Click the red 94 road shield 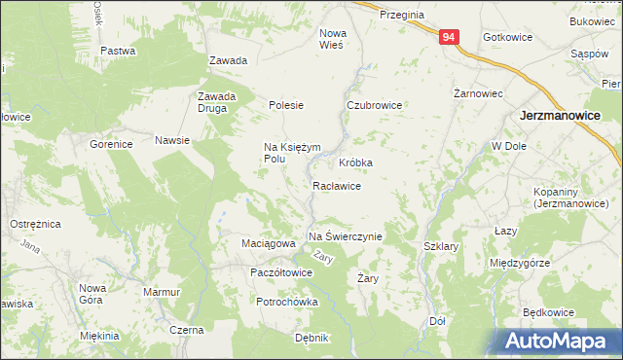(x=448, y=37)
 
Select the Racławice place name (x=337, y=185)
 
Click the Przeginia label (x=401, y=15)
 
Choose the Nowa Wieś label (x=333, y=38)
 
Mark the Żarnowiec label (x=478, y=94)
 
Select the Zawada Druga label (x=217, y=102)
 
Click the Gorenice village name (x=111, y=144)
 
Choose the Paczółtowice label (x=280, y=272)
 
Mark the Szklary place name (x=441, y=247)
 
